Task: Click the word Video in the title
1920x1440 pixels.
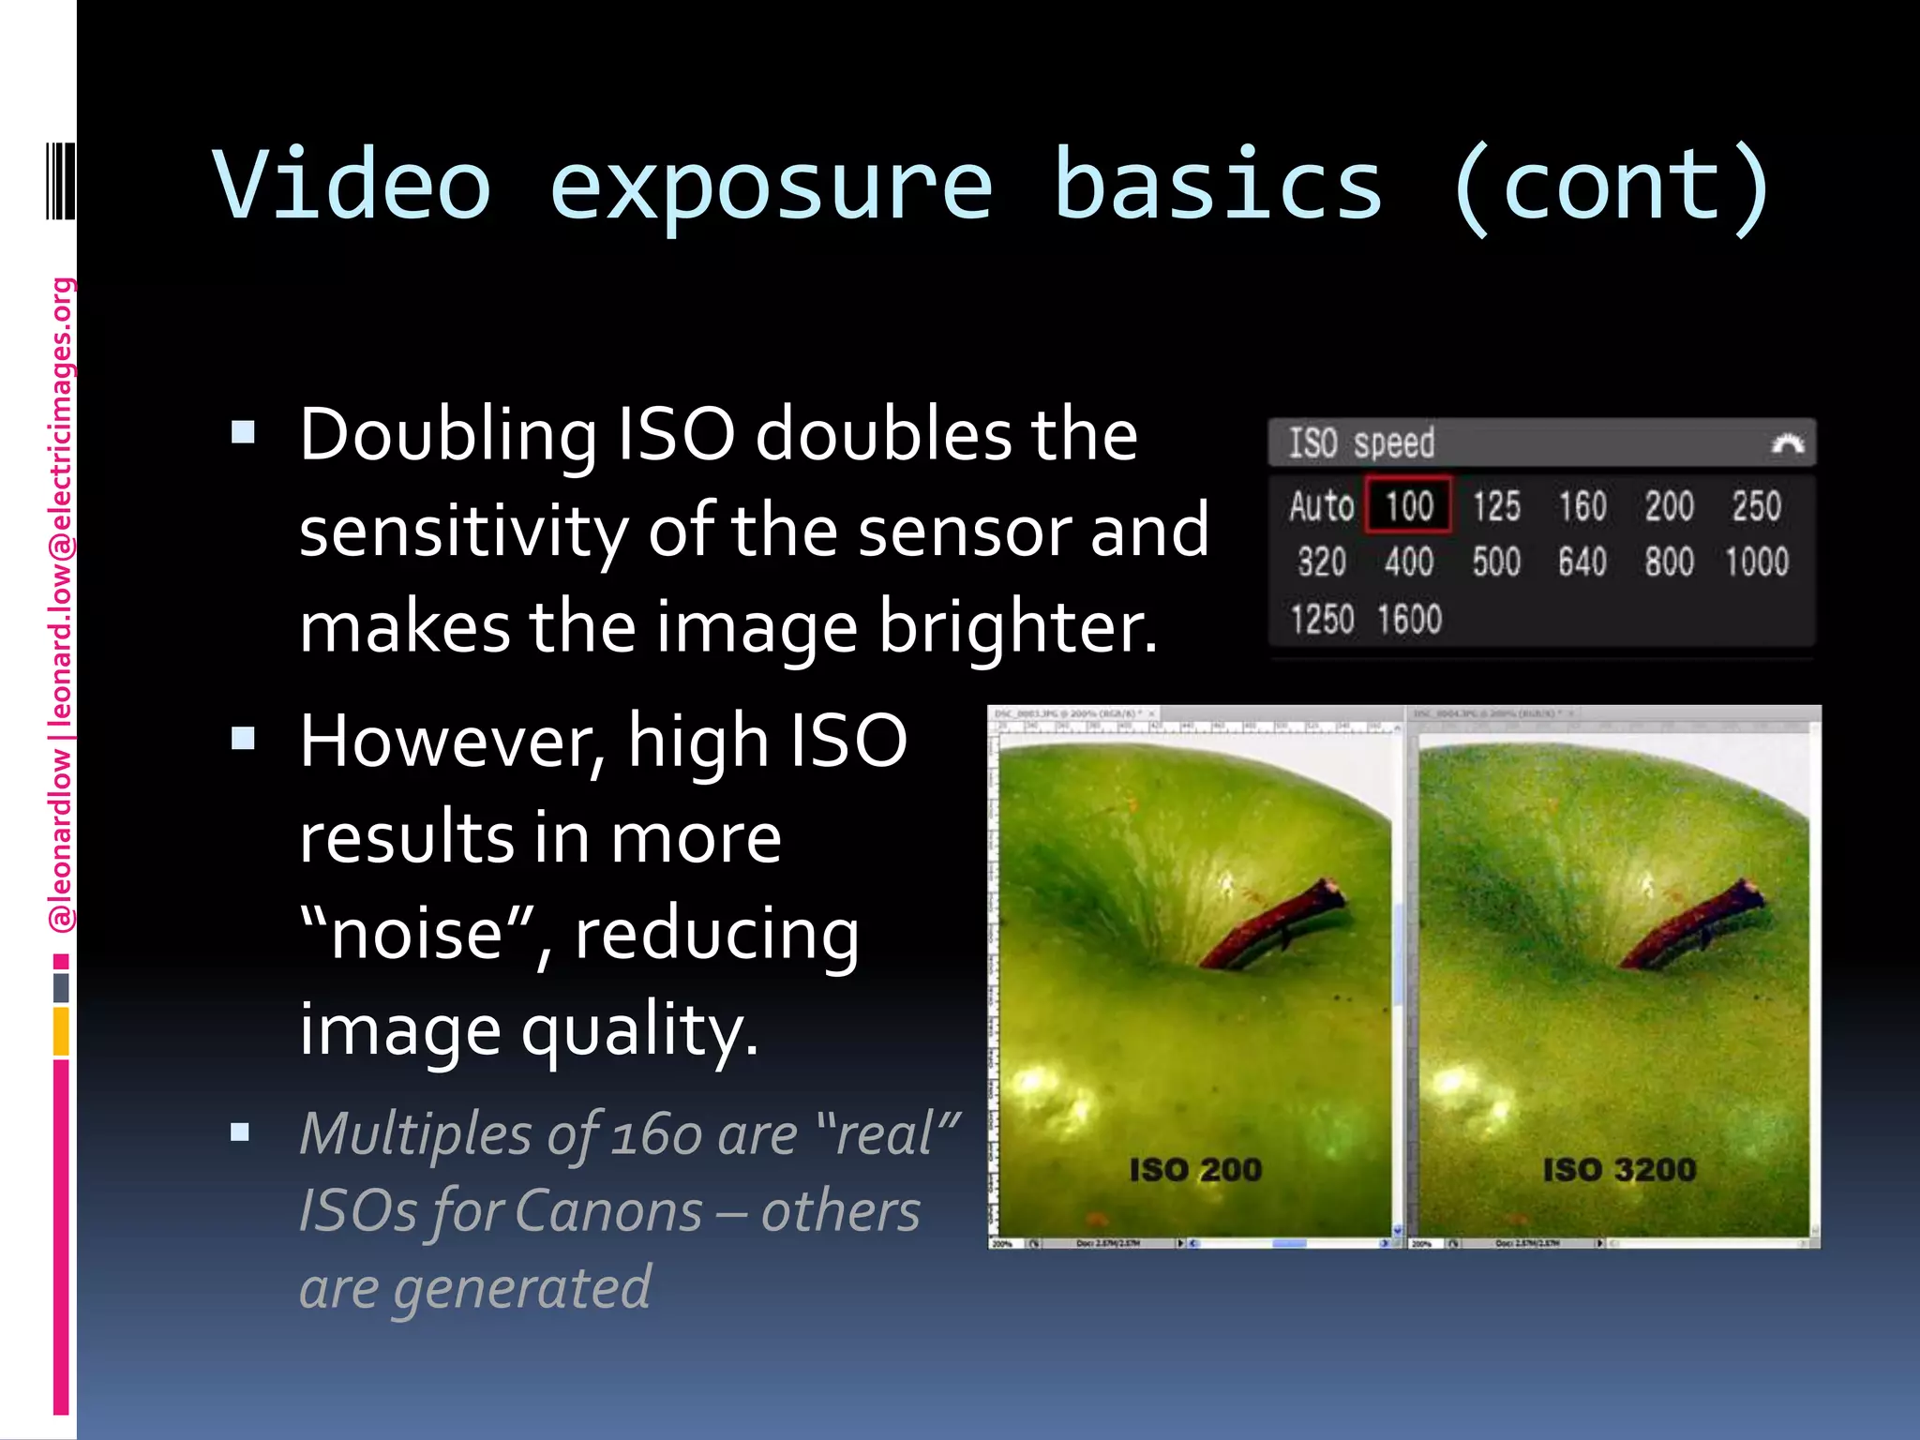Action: click(352, 185)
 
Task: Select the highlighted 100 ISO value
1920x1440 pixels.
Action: click(1408, 506)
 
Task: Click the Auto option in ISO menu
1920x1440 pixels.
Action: click(1321, 506)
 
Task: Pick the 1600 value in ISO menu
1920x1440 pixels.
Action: click(1409, 620)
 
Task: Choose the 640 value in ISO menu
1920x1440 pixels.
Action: click(1582, 562)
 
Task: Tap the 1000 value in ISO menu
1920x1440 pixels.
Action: click(1757, 562)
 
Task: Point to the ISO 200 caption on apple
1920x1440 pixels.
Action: click(1195, 1170)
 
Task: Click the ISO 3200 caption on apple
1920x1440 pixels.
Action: click(1619, 1170)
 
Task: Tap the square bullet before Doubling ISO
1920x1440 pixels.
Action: click(244, 432)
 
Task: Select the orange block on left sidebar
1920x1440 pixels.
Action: click(61, 1031)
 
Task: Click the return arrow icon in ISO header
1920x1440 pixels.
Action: click(1787, 443)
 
